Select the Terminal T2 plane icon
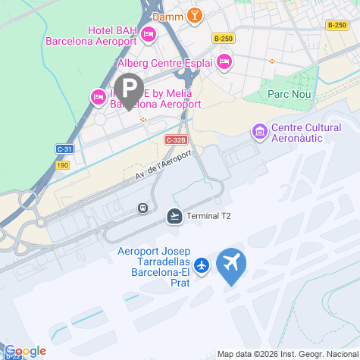[x=174, y=216]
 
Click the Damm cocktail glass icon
[x=196, y=15]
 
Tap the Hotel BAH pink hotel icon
[x=149, y=33]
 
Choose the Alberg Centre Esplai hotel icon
[x=224, y=62]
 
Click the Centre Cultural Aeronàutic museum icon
[x=260, y=133]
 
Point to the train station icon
[x=142, y=207]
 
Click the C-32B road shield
[x=174, y=140]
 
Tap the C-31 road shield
[x=64, y=149]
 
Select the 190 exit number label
[x=63, y=164]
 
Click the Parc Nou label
[x=286, y=95]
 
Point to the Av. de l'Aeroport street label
[x=163, y=164]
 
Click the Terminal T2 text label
[x=209, y=216]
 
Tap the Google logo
[x=25, y=351]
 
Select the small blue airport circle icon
[x=202, y=265]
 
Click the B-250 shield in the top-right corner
[x=337, y=25]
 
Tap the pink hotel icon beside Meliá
[x=98, y=96]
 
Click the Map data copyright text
[x=288, y=354]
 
